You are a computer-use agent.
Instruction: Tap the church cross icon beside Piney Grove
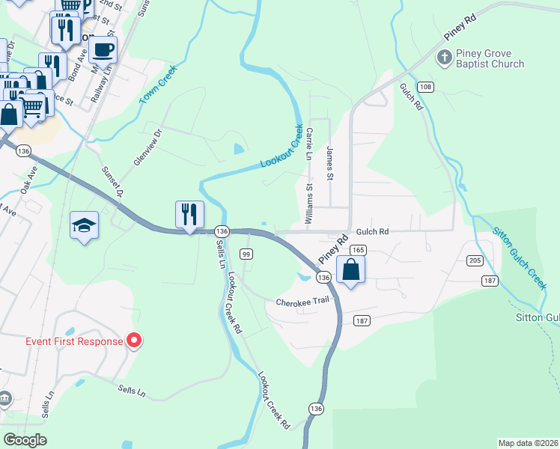(x=445, y=57)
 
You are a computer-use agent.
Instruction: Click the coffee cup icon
(x=103, y=50)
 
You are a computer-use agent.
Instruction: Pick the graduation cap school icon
(x=84, y=225)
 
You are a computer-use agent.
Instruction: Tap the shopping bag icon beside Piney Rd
(x=350, y=269)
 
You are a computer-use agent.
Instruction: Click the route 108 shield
(x=425, y=88)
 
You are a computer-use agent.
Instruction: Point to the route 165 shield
(x=358, y=250)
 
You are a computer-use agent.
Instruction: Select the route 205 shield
(x=474, y=260)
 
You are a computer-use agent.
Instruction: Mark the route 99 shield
(x=246, y=254)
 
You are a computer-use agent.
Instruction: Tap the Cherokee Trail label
(x=302, y=302)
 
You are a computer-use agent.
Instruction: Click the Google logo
(x=25, y=440)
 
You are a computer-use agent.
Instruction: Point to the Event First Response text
(x=73, y=342)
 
